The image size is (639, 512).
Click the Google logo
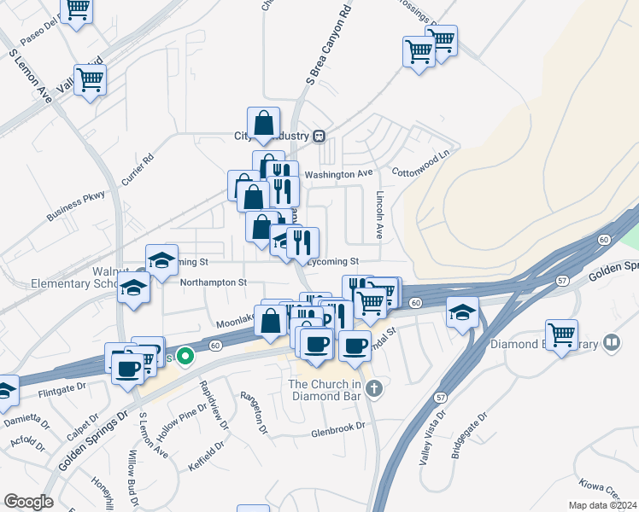click(x=28, y=502)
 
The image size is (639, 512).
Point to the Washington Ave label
click(x=339, y=174)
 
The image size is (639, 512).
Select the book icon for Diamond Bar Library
click(x=612, y=343)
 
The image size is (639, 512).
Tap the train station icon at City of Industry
click(x=319, y=136)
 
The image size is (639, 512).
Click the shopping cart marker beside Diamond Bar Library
click(x=561, y=335)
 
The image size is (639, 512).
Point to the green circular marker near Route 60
click(x=182, y=358)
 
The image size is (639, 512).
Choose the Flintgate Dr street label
click(x=63, y=393)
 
